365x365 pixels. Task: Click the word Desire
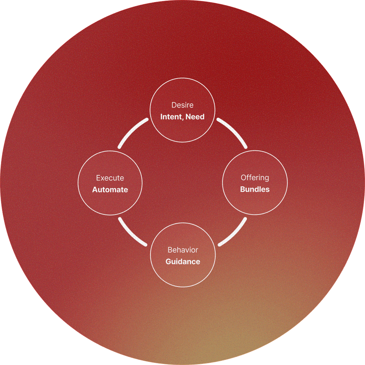coord(182,105)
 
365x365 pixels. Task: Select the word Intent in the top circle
coord(171,117)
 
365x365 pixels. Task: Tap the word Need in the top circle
coord(195,117)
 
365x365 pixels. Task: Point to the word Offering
coord(255,178)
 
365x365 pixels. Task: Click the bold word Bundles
coord(255,189)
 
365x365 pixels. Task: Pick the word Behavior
coord(183,250)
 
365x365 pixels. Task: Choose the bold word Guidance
coord(183,261)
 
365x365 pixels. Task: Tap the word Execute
coord(110,178)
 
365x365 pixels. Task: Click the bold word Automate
coord(110,190)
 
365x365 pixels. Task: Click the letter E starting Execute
coord(98,178)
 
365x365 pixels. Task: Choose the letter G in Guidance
coord(168,261)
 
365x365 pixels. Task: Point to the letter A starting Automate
coord(95,190)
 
